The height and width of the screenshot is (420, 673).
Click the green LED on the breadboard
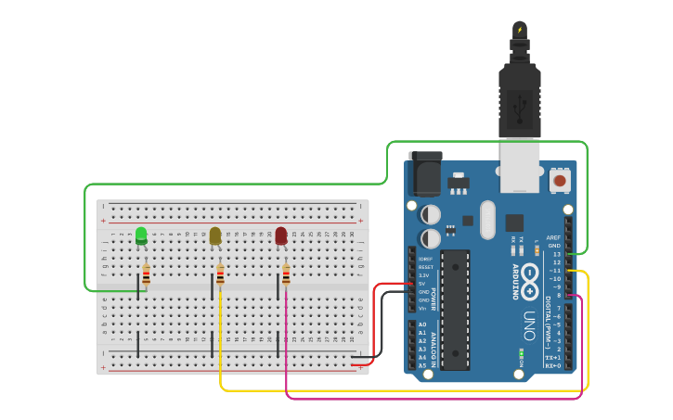(141, 235)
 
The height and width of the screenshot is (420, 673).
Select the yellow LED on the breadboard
(215, 235)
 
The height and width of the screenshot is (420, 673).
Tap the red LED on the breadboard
(281, 235)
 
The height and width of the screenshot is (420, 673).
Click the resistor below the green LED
(146, 274)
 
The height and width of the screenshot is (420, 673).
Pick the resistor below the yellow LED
(220, 274)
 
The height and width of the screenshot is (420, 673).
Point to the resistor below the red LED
(286, 274)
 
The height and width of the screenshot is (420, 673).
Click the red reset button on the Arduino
(560, 180)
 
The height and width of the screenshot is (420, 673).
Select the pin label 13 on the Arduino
(556, 253)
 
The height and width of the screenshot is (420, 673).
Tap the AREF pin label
(554, 237)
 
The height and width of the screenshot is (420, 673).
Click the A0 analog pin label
(423, 325)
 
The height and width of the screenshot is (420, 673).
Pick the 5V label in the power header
(423, 284)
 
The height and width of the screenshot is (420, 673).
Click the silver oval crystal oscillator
(488, 220)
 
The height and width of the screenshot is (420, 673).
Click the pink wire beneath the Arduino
(427, 398)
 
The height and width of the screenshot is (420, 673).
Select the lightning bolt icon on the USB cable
(520, 31)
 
